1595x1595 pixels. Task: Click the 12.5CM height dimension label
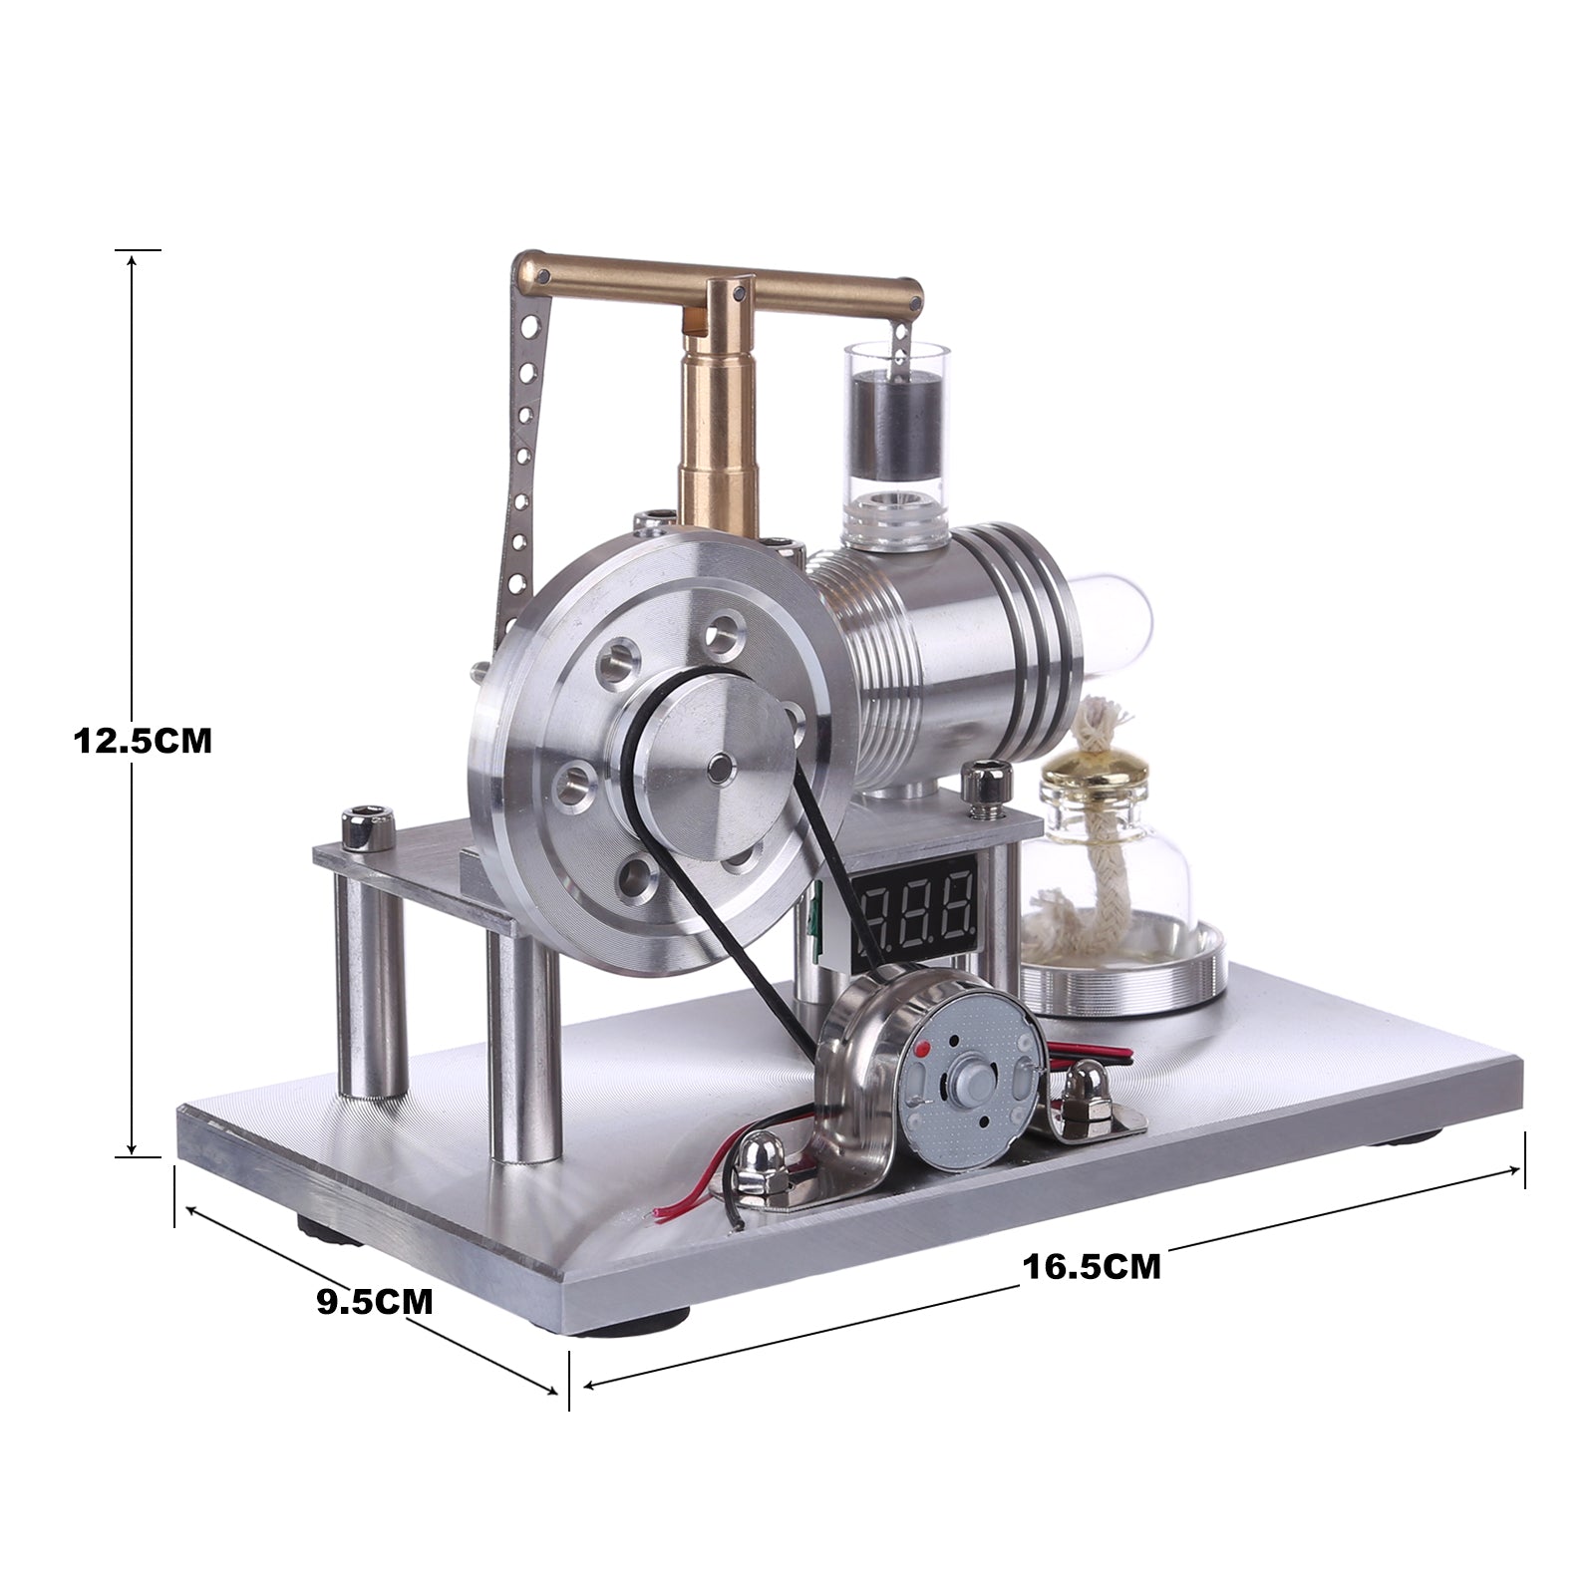click(143, 741)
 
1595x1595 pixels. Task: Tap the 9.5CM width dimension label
click(375, 1302)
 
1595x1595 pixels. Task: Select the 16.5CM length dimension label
click(1092, 1266)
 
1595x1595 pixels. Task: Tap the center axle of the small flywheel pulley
click(719, 766)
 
